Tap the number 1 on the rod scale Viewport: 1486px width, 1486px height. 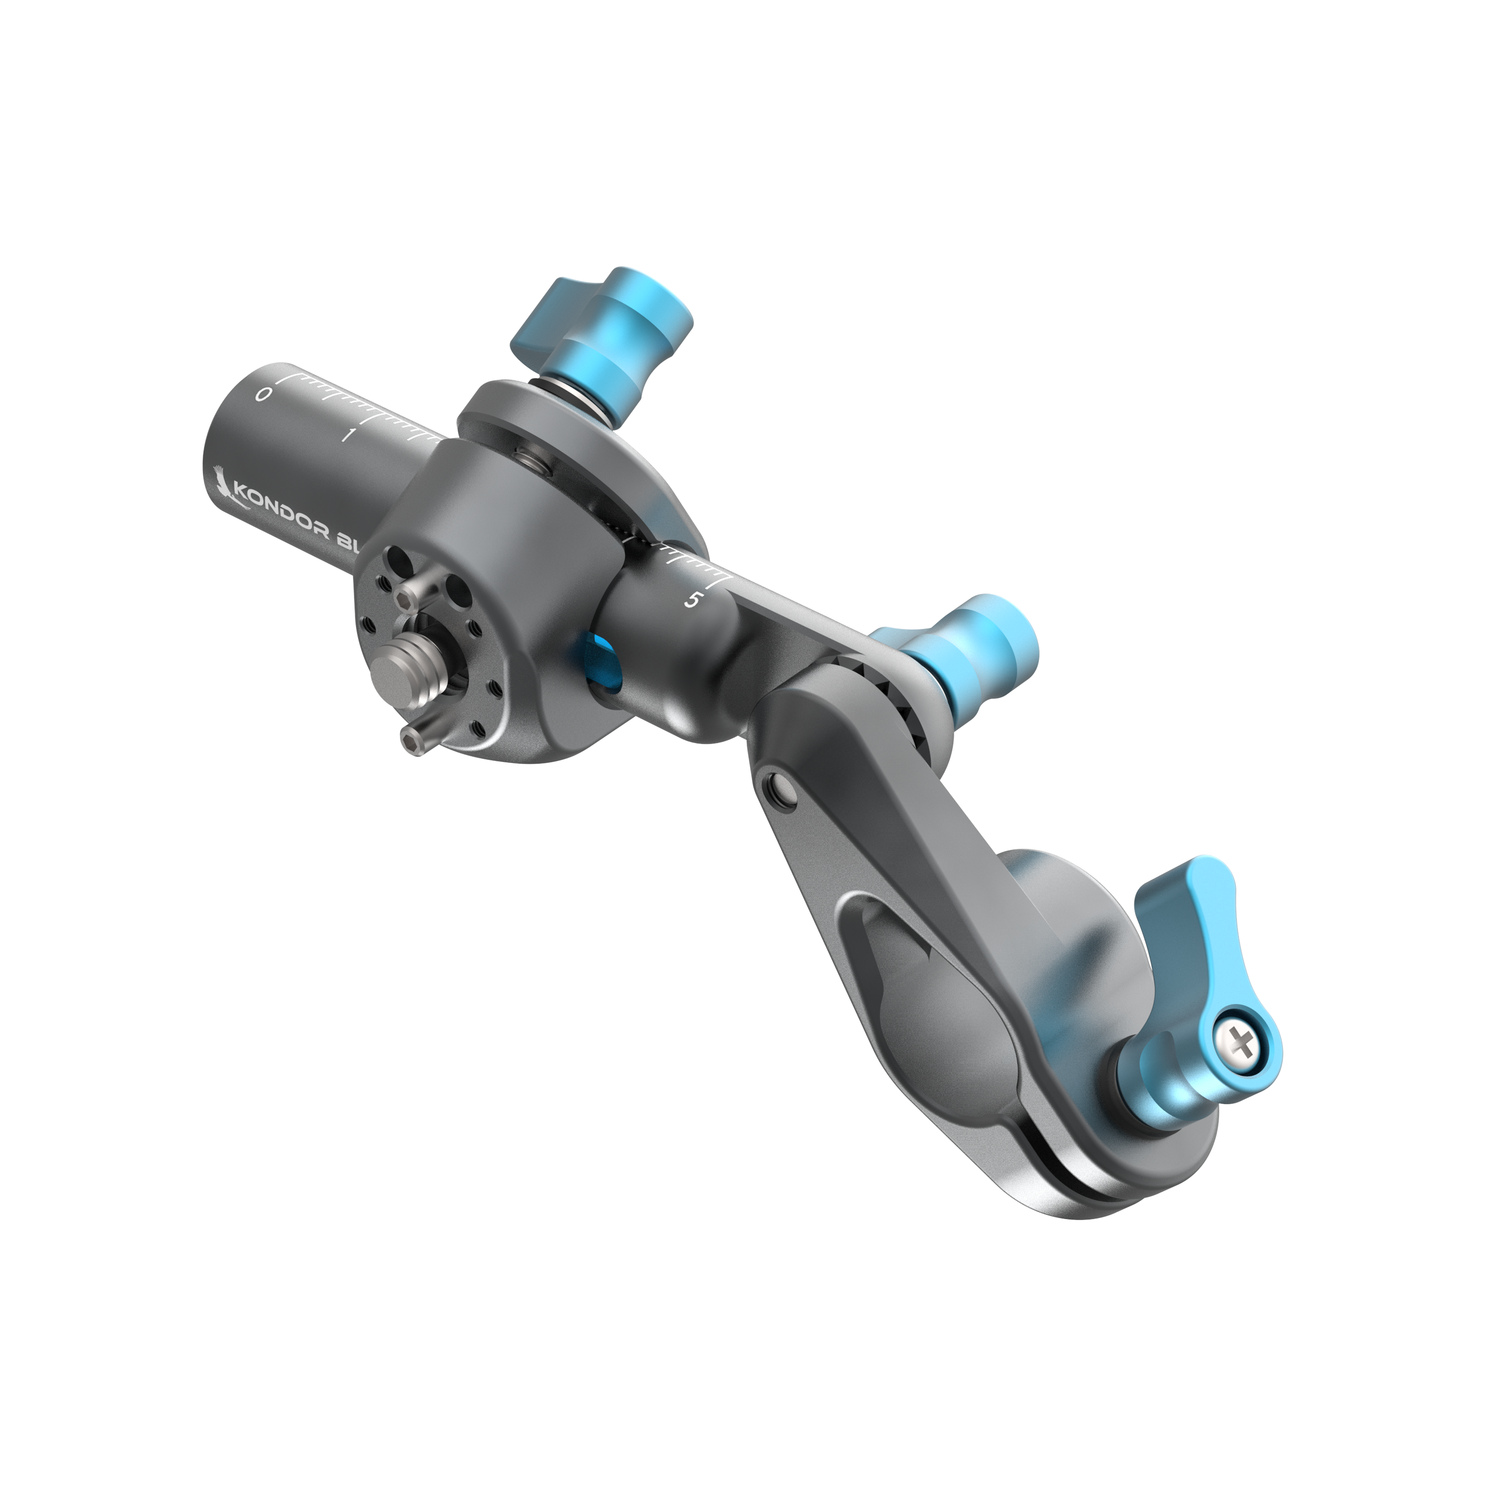tap(348, 435)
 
